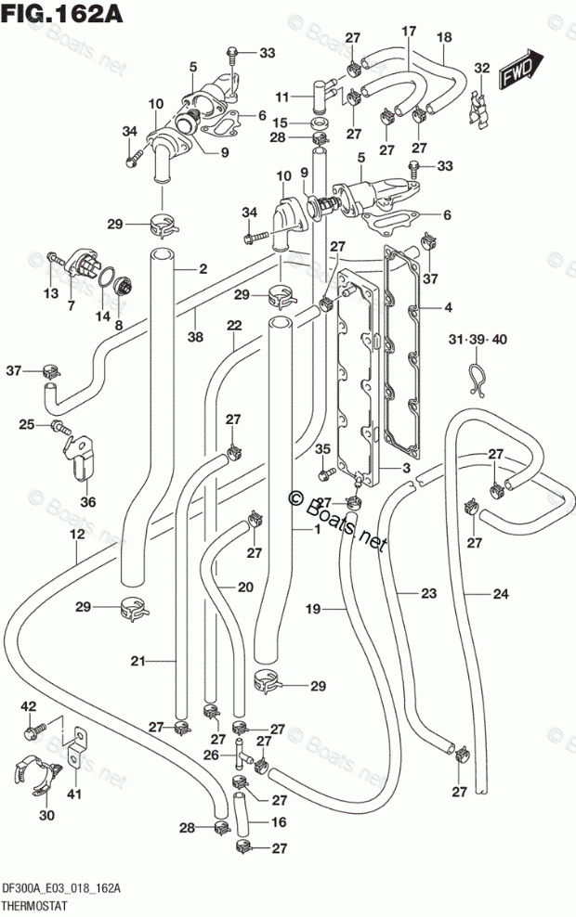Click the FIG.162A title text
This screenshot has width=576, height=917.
[x=62, y=13]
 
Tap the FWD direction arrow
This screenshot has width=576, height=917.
[x=521, y=69]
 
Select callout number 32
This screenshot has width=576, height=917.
[x=482, y=69]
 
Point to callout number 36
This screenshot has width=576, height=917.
[x=88, y=501]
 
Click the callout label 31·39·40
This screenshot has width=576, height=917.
[x=478, y=339]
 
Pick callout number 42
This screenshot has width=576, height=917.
[x=29, y=706]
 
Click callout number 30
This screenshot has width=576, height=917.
[x=46, y=814]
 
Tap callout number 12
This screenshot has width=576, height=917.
[x=77, y=534]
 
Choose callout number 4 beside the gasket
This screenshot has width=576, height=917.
[x=448, y=307]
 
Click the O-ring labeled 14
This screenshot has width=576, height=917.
[x=105, y=277]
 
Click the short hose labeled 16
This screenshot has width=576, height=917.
[x=242, y=815]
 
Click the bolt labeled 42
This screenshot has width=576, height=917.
[x=35, y=730]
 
